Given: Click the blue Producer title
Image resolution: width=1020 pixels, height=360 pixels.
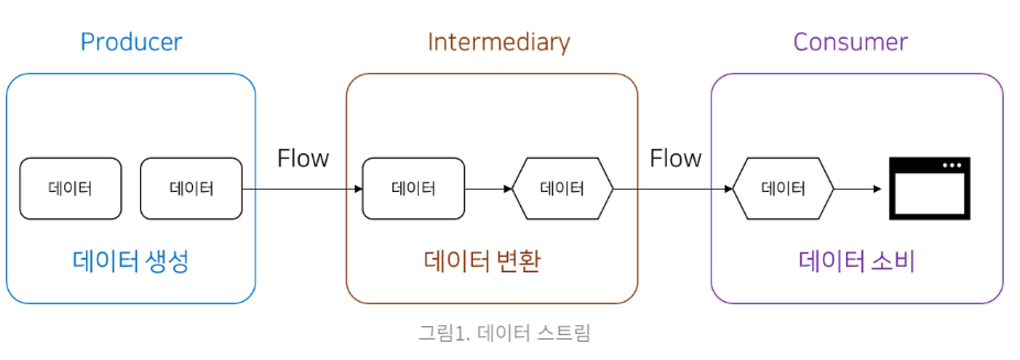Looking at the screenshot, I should (x=131, y=42).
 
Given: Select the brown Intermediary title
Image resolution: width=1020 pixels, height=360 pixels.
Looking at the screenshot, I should (x=498, y=42).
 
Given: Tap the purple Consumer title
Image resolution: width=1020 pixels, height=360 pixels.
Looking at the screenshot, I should (x=850, y=42).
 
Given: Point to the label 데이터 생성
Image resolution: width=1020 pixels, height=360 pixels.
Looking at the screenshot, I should (x=131, y=261).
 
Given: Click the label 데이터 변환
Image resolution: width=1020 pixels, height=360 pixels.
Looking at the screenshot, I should (x=482, y=261).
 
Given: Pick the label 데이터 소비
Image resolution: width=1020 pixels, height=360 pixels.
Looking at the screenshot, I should (x=856, y=261).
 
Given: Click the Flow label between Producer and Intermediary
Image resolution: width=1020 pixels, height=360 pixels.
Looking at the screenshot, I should (x=303, y=158).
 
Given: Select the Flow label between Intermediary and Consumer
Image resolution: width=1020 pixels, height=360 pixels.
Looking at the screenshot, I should (x=675, y=158).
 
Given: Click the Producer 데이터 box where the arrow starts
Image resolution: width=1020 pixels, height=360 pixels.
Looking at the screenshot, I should (x=191, y=189).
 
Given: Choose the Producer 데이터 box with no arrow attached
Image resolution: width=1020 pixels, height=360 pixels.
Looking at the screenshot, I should (x=70, y=189).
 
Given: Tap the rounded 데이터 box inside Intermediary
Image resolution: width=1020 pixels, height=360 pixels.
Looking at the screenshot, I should (x=413, y=189).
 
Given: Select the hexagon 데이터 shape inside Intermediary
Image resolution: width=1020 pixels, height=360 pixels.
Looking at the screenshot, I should (x=562, y=189).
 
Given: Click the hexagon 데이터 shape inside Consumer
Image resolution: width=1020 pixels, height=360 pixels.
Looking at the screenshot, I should (x=783, y=189).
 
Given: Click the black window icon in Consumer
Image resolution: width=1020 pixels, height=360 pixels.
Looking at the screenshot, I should (x=929, y=189).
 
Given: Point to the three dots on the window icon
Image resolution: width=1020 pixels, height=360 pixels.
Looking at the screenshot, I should (x=952, y=165).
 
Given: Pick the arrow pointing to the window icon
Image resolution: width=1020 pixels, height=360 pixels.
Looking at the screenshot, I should (x=857, y=189).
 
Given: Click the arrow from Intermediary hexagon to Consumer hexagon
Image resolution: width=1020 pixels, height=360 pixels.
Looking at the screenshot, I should (x=673, y=189).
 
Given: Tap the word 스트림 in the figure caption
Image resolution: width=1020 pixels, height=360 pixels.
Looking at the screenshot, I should (x=564, y=333).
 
